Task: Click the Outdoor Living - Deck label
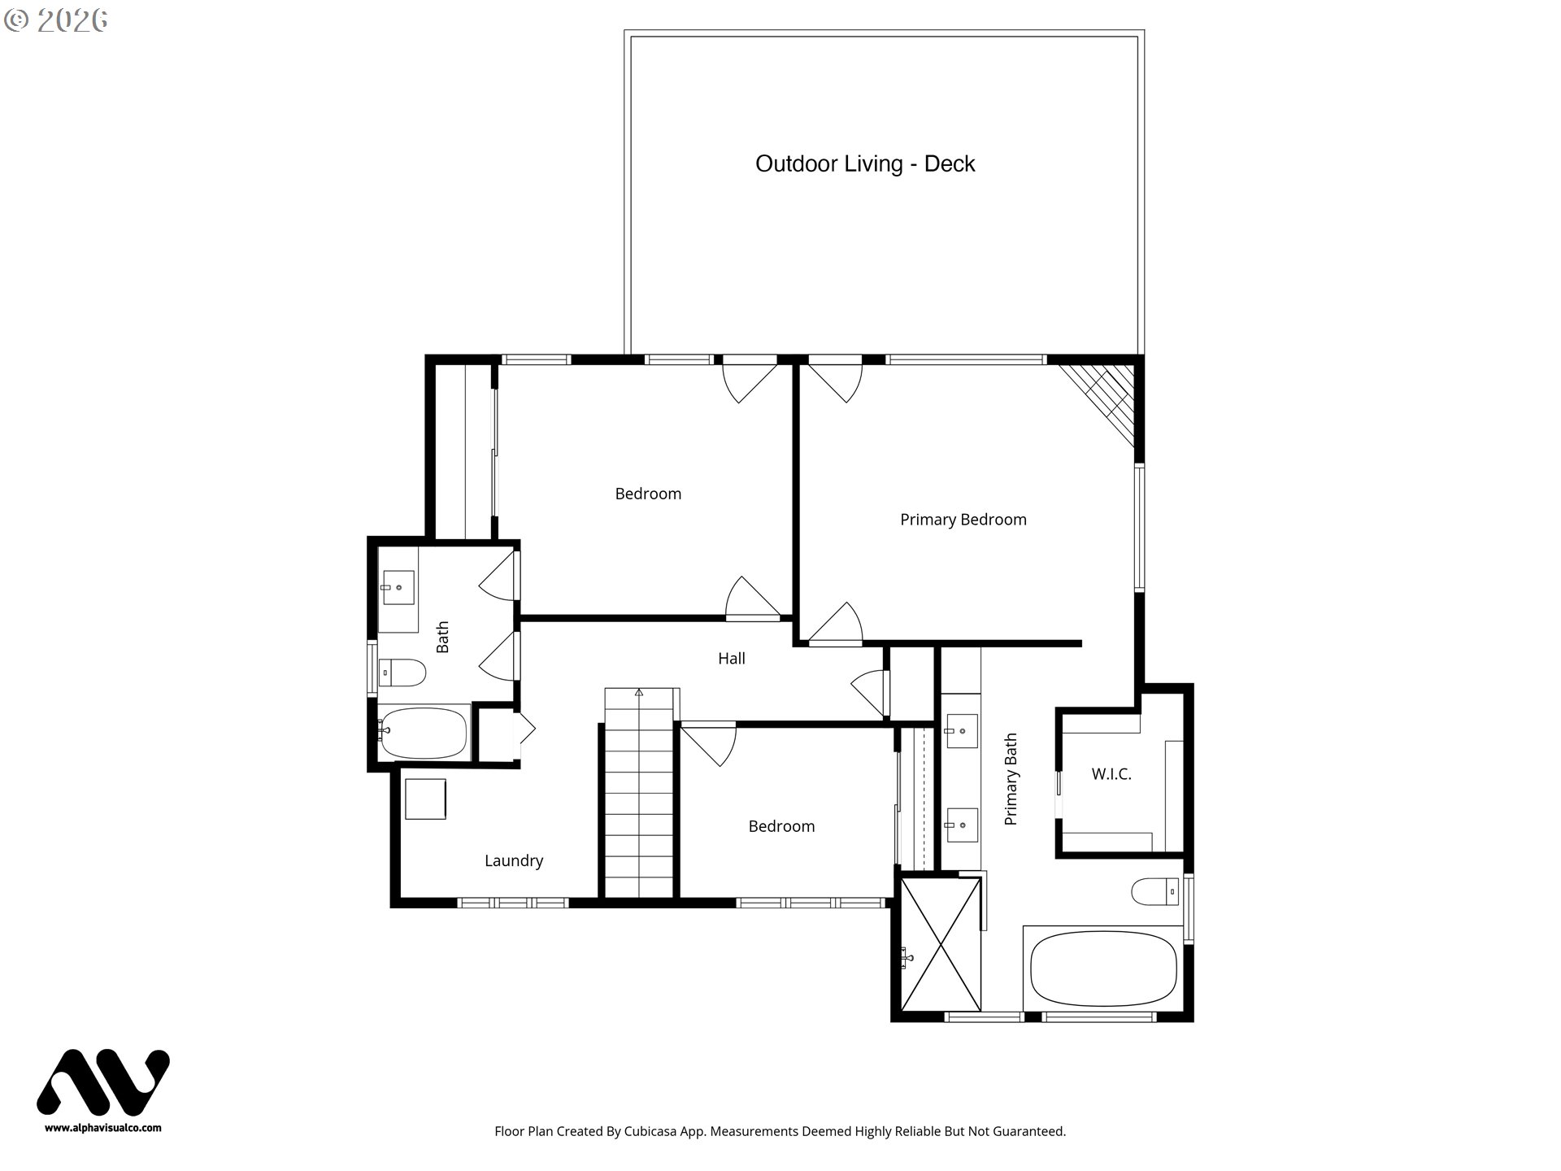864,163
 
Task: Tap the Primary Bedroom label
963,520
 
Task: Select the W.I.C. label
1111,774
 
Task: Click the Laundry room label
513,860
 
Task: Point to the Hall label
731,659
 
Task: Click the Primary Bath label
1011,779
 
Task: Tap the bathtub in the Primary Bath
1102,970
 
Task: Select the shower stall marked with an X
940,944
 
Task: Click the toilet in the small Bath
402,673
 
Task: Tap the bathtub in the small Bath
423,732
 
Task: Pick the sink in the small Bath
398,587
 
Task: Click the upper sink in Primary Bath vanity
961,731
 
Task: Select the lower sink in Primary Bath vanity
961,825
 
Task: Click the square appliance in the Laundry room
425,799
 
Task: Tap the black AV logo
103,1082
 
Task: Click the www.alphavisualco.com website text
103,1128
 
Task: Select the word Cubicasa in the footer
651,1131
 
